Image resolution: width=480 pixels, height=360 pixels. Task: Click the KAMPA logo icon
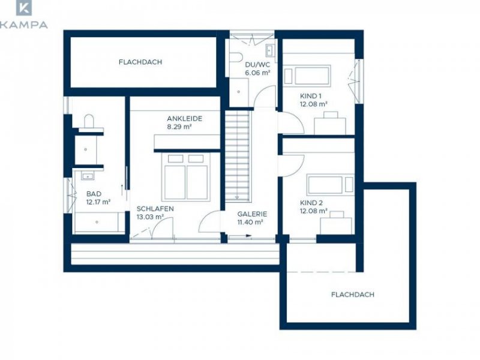click(24, 8)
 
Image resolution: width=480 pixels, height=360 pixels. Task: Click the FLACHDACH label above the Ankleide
click(140, 62)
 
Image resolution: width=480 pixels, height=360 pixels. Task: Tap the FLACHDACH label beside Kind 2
click(353, 295)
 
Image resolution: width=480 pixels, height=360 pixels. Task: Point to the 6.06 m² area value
click(257, 73)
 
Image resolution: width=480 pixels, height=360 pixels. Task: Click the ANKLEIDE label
click(185, 118)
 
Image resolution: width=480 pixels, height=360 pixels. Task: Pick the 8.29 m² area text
click(179, 127)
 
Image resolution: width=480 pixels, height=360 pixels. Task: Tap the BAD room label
click(94, 194)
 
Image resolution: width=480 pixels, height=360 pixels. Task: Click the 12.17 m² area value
click(98, 202)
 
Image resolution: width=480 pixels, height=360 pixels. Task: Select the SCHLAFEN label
click(155, 209)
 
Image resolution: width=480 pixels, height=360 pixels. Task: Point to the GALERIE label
click(252, 214)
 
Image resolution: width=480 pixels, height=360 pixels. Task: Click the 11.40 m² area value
click(250, 222)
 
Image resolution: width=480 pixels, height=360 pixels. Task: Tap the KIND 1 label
click(310, 96)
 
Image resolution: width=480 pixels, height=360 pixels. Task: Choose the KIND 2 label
click(311, 203)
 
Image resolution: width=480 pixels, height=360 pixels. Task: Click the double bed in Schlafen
click(186, 177)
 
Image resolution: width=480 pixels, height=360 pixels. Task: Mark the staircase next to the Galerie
click(238, 156)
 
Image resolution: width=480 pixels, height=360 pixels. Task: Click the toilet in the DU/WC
click(236, 57)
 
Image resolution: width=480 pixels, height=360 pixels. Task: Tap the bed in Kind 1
click(307, 76)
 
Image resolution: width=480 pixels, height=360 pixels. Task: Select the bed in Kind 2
click(331, 185)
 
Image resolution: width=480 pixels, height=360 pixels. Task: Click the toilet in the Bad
click(89, 121)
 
